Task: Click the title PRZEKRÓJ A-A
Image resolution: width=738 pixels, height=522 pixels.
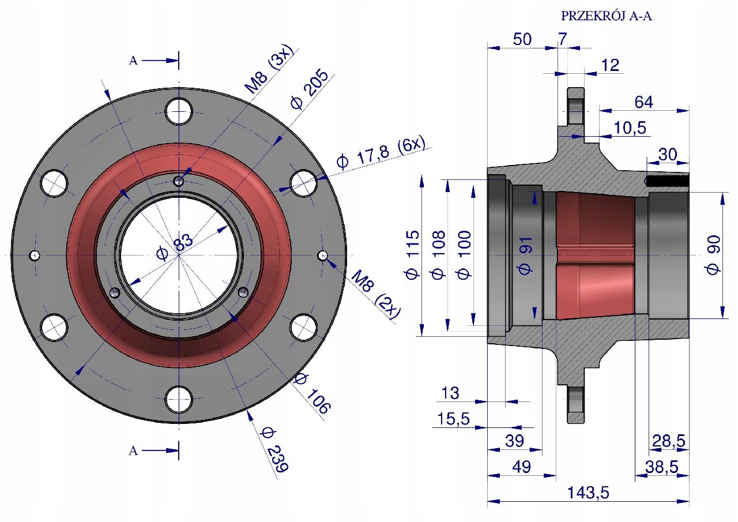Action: pyautogui.click(x=606, y=16)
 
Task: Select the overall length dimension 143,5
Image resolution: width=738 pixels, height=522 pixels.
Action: pyautogui.click(x=588, y=493)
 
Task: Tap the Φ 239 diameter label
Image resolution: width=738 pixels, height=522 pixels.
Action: pyautogui.click(x=273, y=449)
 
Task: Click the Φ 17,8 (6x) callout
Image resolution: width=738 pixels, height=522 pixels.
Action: pyautogui.click(x=380, y=152)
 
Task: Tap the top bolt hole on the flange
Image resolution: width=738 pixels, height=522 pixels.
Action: pyautogui.click(x=179, y=110)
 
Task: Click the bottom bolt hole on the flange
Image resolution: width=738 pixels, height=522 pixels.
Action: pyautogui.click(x=179, y=399)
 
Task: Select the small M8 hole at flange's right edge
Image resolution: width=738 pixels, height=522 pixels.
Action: pyautogui.click(x=323, y=255)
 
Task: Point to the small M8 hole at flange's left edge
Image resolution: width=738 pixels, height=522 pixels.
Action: pyautogui.click(x=35, y=255)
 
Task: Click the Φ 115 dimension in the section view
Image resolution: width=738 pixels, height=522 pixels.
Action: pyautogui.click(x=413, y=254)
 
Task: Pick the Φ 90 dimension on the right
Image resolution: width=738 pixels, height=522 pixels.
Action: pyautogui.click(x=713, y=254)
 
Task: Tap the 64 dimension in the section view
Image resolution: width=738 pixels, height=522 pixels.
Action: pyautogui.click(x=643, y=102)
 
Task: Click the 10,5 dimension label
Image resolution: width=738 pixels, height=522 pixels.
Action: pyautogui.click(x=630, y=128)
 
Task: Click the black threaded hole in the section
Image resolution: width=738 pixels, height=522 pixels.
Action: pyautogui.click(x=667, y=181)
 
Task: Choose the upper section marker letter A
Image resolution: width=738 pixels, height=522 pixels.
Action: pyautogui.click(x=133, y=61)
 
